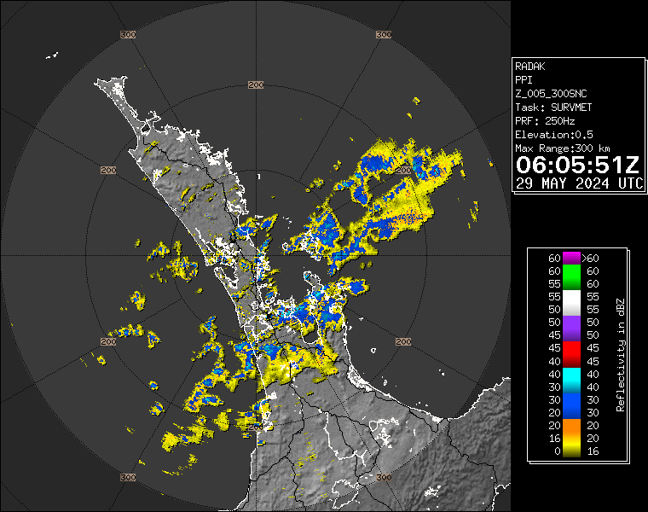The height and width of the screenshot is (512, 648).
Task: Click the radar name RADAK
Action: [x=529, y=66]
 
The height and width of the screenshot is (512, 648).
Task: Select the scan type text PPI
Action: [x=524, y=79]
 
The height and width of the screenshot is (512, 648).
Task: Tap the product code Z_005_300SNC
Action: [x=551, y=93]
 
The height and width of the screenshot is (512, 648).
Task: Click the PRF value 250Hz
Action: [x=562, y=120]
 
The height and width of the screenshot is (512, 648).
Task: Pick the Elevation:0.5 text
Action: [x=554, y=135]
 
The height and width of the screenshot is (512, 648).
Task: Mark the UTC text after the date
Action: [x=631, y=183]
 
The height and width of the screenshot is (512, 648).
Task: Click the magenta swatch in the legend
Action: [x=570, y=258]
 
